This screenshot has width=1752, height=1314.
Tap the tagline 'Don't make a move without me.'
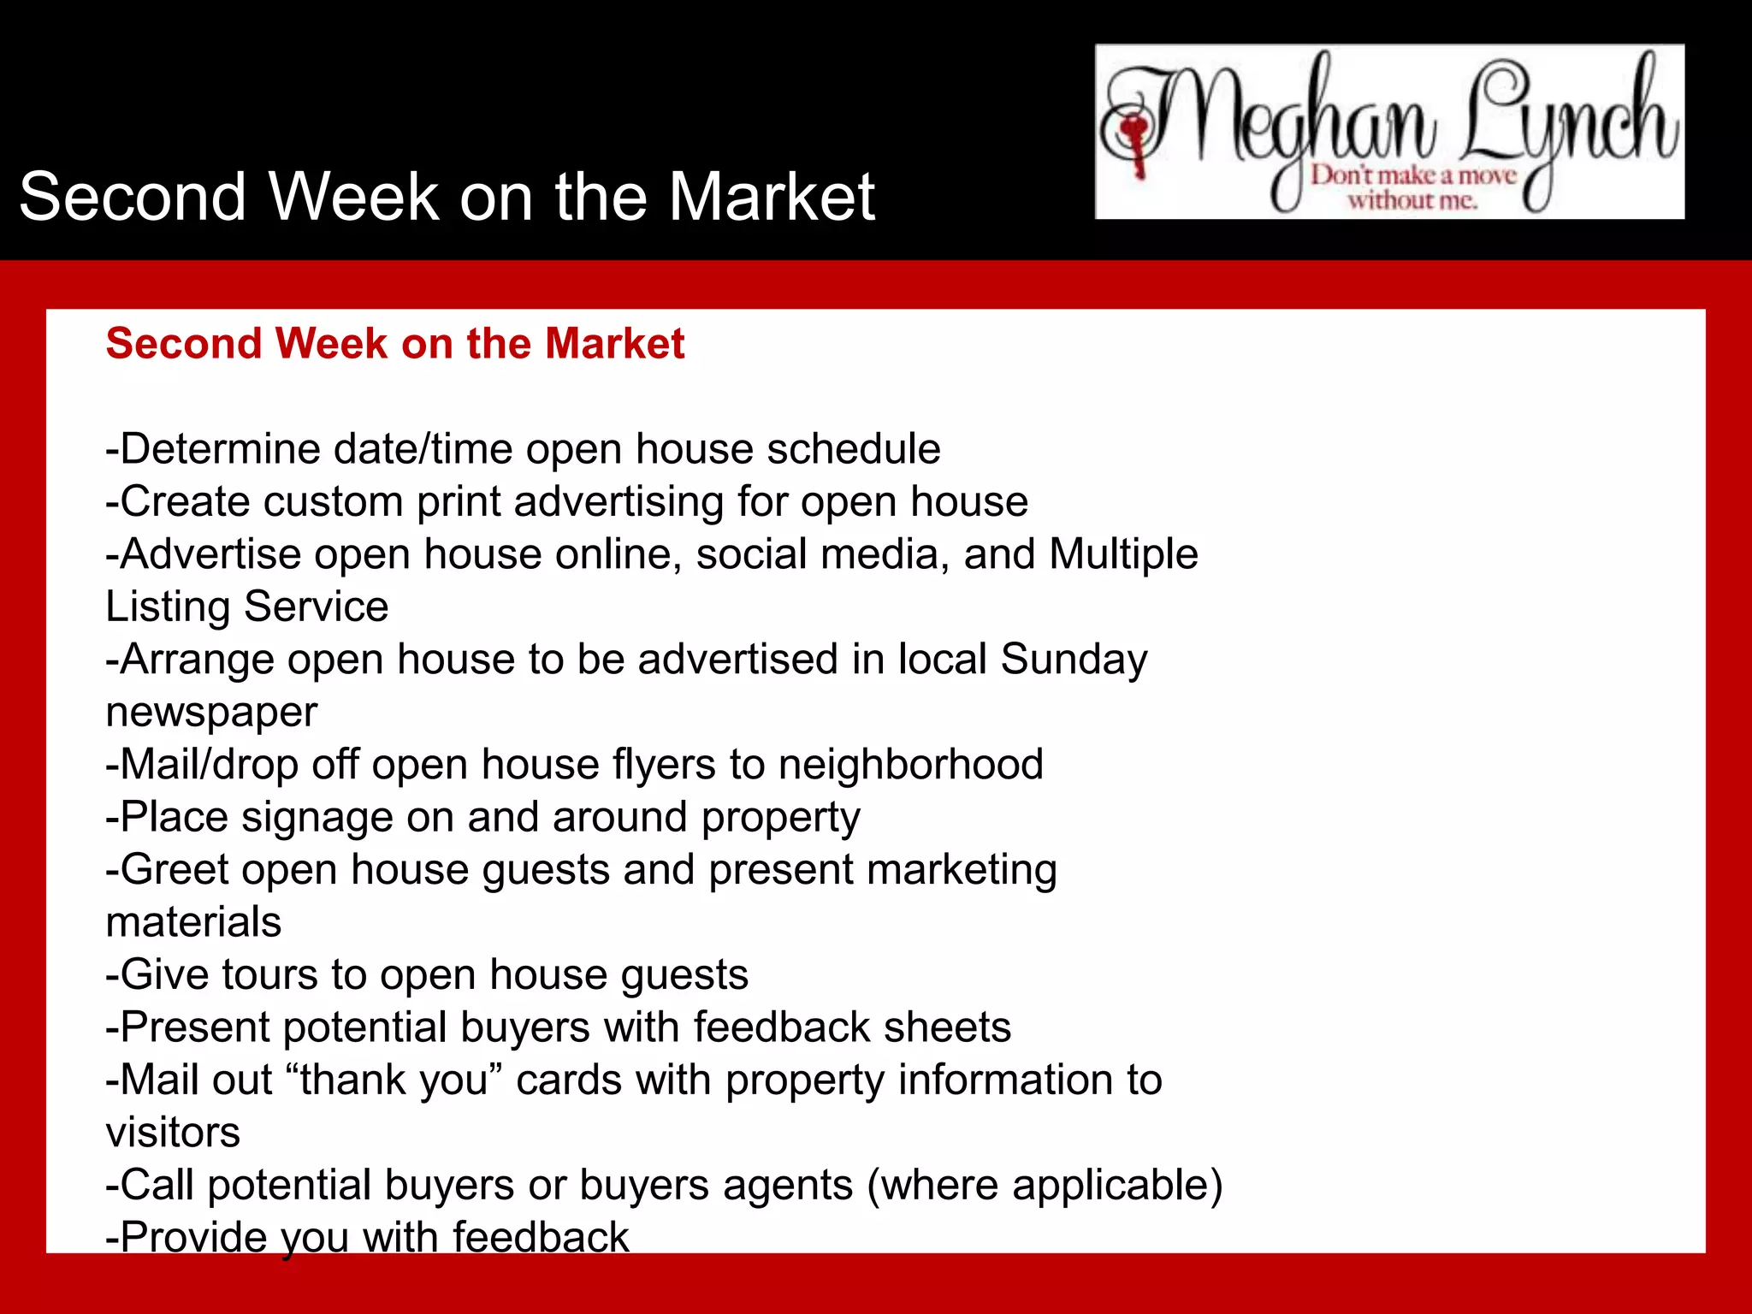[1413, 188]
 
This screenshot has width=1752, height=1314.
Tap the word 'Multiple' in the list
[1123, 554]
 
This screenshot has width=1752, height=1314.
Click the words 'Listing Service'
[247, 607]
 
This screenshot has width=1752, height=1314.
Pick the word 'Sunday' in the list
[1074, 660]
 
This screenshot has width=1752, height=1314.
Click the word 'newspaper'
[211, 713]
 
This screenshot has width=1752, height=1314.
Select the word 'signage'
[317, 818]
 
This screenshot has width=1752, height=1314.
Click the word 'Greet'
[174, 870]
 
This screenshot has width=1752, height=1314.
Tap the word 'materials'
[193, 922]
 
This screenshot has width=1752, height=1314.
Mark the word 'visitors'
[173, 1133]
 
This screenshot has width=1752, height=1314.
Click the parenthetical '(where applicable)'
[1045, 1186]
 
